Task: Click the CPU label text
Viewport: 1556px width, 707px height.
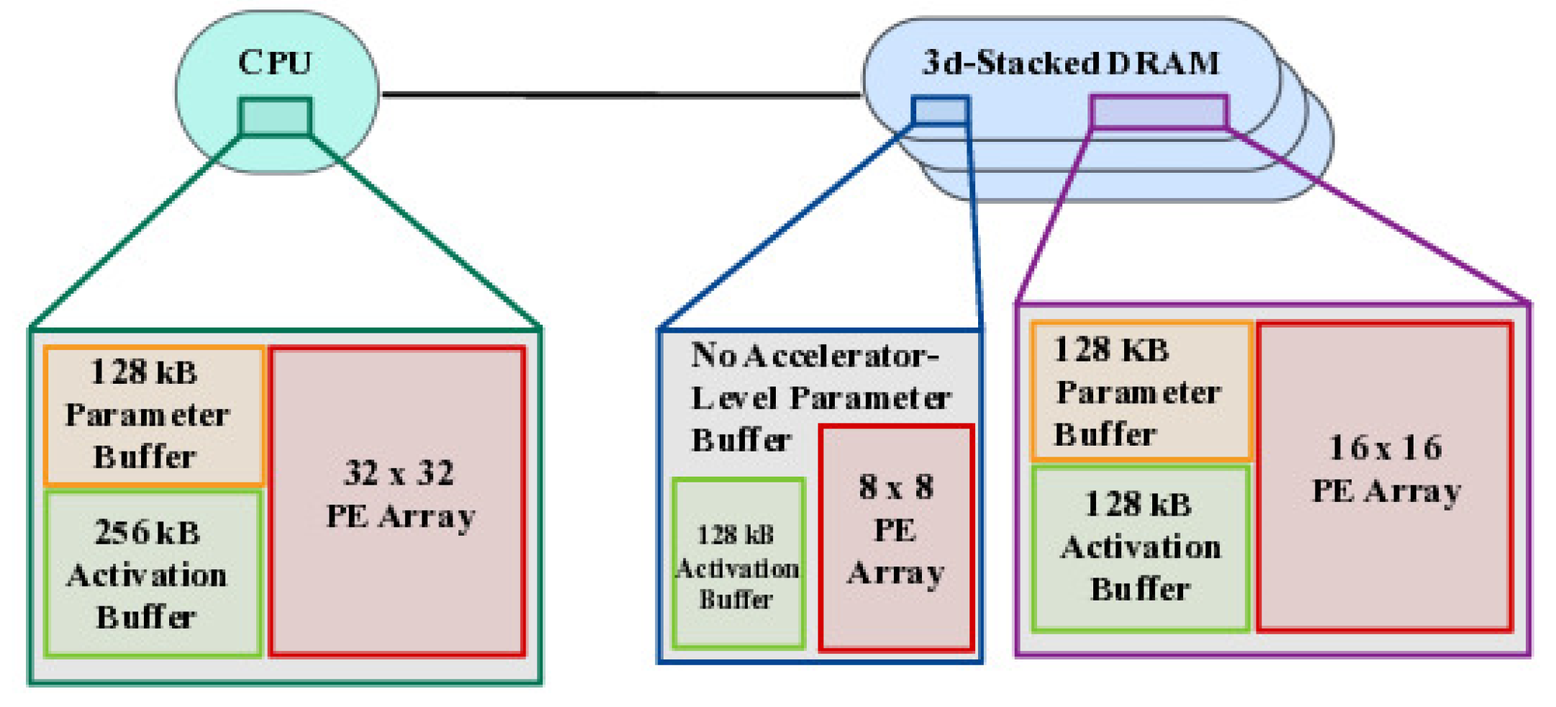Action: point(275,62)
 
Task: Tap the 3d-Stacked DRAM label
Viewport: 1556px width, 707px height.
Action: point(1070,63)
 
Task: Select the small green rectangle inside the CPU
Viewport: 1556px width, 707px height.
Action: point(276,117)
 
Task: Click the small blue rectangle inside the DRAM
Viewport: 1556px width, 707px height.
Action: point(940,111)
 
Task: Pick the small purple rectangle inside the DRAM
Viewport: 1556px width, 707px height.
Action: point(1159,112)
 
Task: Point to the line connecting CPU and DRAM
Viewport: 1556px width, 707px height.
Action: point(619,94)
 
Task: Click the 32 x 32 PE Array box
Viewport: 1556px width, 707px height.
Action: point(398,501)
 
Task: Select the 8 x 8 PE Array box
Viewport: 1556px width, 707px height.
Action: point(896,537)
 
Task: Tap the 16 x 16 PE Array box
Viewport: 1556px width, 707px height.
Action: point(1384,477)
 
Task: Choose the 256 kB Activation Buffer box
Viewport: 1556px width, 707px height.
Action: point(153,574)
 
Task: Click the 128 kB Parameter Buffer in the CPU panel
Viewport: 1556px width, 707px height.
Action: point(153,415)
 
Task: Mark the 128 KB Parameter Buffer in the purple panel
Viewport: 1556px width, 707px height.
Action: point(1141,392)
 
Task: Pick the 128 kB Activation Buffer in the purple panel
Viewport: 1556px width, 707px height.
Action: point(1140,548)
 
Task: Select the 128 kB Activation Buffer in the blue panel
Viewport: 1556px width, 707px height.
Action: point(738,564)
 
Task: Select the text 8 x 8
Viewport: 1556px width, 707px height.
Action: point(896,487)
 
